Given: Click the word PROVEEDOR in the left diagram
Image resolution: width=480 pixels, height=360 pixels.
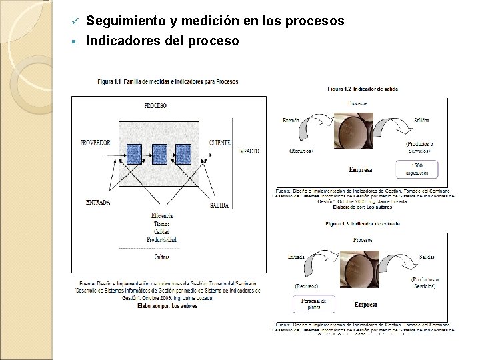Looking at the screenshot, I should (95, 143).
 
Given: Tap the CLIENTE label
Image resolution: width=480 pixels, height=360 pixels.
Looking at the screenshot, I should (219, 143).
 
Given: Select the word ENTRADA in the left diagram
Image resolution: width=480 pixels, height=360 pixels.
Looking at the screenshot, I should (99, 202).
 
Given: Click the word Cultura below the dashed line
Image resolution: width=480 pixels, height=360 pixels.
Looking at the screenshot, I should (161, 257).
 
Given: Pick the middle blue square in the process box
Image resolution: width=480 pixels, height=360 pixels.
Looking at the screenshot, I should (159, 154).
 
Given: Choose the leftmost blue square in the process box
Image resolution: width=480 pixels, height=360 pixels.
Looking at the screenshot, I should (135, 154).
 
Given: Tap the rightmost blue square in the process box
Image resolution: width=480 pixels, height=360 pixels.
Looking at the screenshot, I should (183, 154).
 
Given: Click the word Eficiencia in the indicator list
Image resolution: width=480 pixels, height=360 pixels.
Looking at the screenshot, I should (161, 215).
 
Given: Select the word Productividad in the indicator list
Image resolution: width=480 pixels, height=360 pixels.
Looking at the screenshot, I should (161, 239).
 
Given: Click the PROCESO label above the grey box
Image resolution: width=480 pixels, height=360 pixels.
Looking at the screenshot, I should (155, 105).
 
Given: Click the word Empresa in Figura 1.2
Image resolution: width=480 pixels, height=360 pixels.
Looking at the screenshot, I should (360, 170).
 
